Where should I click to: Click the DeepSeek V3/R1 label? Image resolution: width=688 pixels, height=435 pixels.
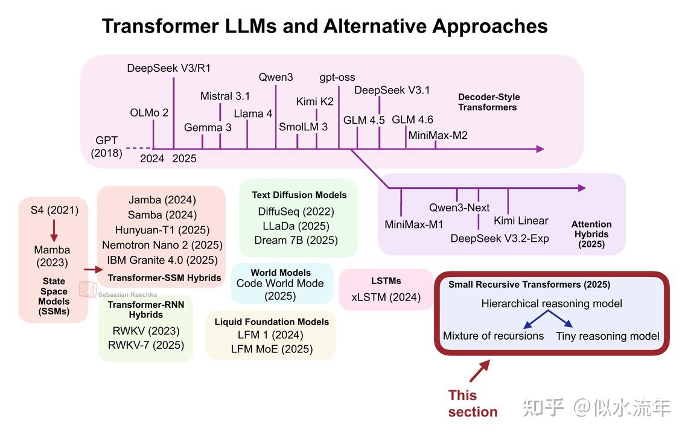169,68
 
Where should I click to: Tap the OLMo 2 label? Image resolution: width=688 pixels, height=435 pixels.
149,113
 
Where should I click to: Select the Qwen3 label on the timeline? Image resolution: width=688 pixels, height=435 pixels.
276,77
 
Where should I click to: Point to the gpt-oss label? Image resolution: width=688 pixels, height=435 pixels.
337,77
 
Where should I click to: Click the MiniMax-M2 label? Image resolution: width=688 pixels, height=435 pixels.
438,135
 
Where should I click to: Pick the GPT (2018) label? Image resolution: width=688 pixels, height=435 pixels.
106,147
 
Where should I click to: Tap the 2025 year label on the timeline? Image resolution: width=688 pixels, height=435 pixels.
184,159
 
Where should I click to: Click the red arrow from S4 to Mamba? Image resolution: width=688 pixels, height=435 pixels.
53,230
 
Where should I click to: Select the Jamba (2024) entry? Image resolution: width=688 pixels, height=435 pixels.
162,200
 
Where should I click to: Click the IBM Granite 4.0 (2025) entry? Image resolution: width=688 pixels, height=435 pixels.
162,260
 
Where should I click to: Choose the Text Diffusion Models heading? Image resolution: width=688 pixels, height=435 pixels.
299,195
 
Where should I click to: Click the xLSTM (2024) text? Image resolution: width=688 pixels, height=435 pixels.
386,297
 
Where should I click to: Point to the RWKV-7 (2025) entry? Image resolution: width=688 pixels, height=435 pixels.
146,345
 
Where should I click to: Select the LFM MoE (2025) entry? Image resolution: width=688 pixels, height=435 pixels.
271,349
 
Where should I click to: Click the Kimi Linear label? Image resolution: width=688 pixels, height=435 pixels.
521,220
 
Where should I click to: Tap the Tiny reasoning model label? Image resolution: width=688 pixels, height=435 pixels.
608,336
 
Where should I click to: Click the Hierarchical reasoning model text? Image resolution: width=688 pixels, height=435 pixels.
552,303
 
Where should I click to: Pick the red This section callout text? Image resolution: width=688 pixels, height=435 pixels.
472,404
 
